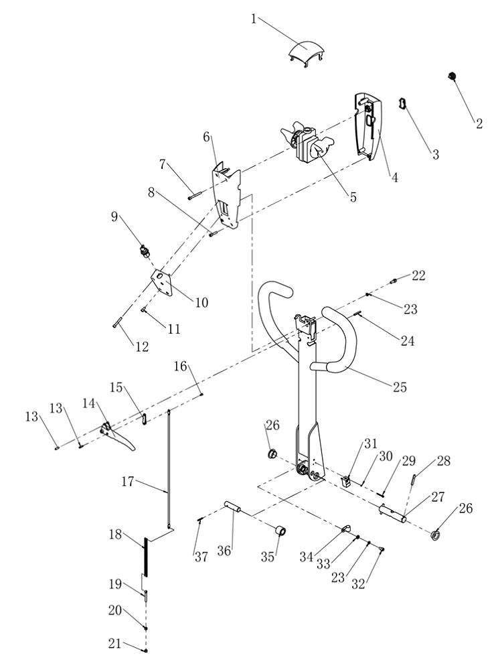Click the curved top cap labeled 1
307,52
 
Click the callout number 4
395,177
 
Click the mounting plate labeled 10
163,283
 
